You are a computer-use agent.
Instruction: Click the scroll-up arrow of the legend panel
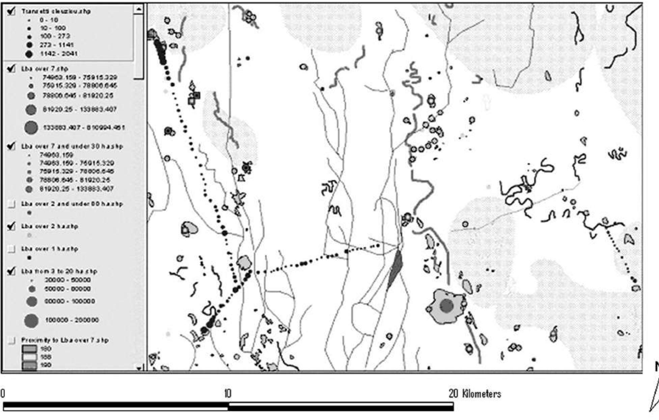(x=138, y=9)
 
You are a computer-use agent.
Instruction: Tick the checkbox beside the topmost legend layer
(x=11, y=11)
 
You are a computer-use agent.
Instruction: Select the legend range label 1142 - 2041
(x=59, y=53)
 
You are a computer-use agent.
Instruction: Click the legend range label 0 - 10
(x=49, y=20)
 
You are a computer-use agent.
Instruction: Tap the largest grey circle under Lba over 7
(x=31, y=128)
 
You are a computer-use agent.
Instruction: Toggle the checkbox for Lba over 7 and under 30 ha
(x=11, y=146)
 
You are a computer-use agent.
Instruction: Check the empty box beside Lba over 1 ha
(x=11, y=249)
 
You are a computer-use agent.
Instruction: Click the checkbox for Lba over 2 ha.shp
(x=11, y=226)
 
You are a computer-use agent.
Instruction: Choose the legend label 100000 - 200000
(x=72, y=320)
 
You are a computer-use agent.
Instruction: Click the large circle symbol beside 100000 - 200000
(x=31, y=320)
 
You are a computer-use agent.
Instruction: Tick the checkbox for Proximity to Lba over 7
(x=11, y=340)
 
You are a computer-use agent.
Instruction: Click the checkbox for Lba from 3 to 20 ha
(x=11, y=271)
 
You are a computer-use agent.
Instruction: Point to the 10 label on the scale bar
(x=228, y=394)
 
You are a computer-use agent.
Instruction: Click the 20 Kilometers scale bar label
(x=474, y=394)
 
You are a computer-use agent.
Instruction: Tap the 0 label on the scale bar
(x=3, y=394)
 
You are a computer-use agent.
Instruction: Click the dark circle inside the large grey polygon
(x=446, y=306)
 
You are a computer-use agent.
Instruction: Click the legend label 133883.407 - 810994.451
(x=84, y=128)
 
